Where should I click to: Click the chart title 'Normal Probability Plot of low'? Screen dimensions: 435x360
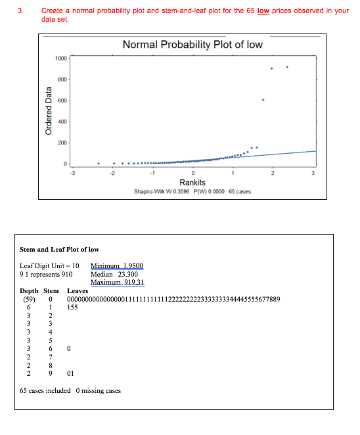(x=192, y=44)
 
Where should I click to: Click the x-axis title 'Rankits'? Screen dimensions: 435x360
(x=192, y=183)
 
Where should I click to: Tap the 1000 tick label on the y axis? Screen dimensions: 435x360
(x=60, y=58)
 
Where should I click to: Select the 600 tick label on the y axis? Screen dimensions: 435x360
(x=62, y=101)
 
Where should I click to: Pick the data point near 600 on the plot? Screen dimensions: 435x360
(x=263, y=100)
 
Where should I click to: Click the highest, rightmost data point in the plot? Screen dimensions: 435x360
(x=287, y=66)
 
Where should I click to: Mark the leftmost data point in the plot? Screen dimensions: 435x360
(x=99, y=163)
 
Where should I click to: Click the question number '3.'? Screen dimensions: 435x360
(x=22, y=11)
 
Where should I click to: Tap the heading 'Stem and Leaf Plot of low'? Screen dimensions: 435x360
(x=60, y=249)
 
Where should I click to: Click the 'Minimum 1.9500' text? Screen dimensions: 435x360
(x=116, y=265)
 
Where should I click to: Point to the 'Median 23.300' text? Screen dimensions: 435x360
(x=112, y=274)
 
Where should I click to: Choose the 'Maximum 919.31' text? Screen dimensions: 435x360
(x=118, y=283)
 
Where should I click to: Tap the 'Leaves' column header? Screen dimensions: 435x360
(x=78, y=290)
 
